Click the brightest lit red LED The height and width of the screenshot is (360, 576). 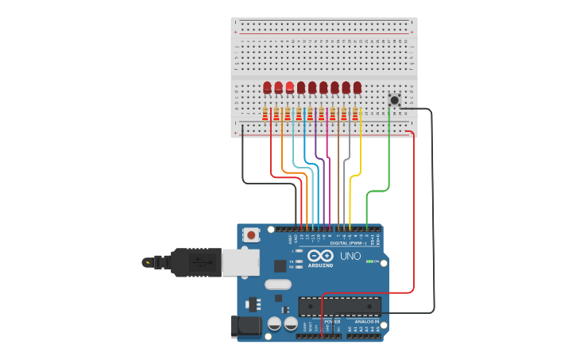[289, 87]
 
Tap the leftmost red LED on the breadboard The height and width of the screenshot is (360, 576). [267, 87]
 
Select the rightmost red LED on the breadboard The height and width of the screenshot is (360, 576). [358, 87]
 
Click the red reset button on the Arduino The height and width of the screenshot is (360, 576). [252, 234]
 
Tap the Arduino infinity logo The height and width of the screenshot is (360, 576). [321, 256]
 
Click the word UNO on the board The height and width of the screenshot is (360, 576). [350, 256]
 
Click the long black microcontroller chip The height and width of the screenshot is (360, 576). [339, 305]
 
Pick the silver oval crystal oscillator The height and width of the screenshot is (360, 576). [278, 285]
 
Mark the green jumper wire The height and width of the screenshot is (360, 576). [389, 159]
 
